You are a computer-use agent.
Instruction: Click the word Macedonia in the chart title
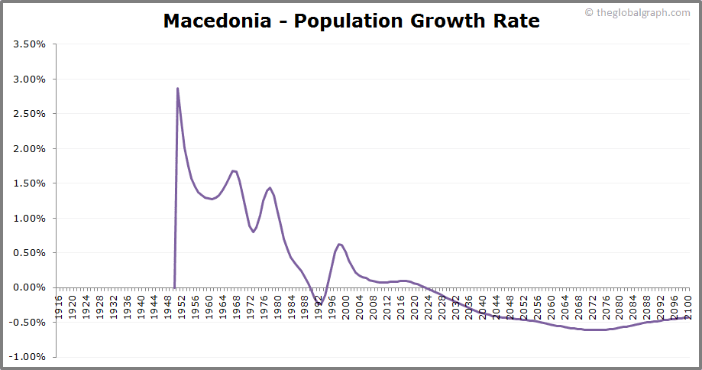point(216,21)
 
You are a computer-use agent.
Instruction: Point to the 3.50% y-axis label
point(30,44)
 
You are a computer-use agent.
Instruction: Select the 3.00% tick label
point(30,80)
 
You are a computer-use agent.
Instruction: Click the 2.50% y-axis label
point(30,114)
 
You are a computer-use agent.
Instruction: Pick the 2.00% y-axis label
point(30,149)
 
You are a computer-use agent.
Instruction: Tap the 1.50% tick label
point(30,183)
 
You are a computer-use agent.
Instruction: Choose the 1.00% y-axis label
point(30,219)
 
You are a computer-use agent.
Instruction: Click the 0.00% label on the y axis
point(30,287)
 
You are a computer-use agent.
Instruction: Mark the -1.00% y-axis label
point(28,357)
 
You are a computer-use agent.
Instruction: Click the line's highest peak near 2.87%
point(177,89)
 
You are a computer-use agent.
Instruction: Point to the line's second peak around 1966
point(233,171)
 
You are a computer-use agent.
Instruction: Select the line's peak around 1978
point(270,187)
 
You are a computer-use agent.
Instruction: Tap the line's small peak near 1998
point(338,245)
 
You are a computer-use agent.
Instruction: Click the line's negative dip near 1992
point(320,303)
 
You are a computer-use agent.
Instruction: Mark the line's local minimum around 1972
point(253,232)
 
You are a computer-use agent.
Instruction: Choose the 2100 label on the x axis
point(687,303)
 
